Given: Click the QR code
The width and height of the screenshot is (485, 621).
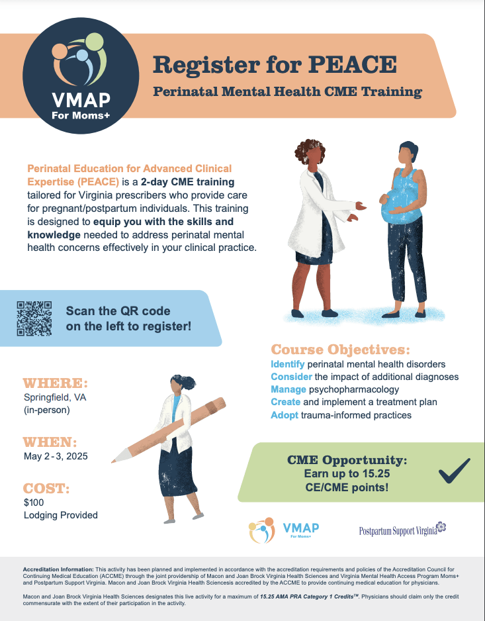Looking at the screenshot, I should click(x=34, y=318).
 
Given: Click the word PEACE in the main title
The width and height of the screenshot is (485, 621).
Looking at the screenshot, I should click(x=356, y=65).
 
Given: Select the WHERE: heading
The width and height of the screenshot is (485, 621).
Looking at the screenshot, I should click(x=55, y=384).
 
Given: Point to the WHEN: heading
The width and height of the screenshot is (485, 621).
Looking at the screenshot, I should click(x=50, y=442).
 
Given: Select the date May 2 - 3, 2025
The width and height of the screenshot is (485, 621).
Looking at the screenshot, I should click(x=55, y=456).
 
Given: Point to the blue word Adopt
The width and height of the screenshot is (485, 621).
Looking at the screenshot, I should click(x=285, y=415).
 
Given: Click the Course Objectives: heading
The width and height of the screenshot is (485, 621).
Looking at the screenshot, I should click(x=340, y=349).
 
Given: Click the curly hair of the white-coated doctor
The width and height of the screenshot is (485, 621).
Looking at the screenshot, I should click(x=310, y=153).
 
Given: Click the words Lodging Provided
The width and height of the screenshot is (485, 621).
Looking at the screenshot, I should click(x=60, y=515).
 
